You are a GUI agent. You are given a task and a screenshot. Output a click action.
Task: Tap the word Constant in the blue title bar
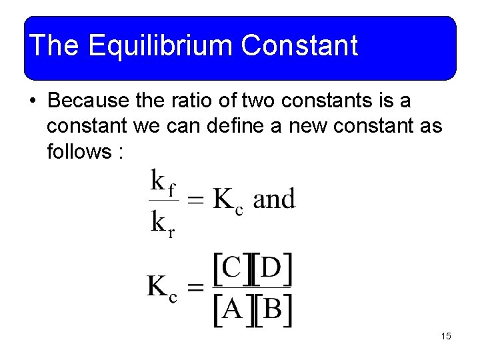[x=300, y=46]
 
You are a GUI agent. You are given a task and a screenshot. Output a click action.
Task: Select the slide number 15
[x=446, y=336]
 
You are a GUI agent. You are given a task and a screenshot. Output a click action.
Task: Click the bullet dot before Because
[x=31, y=101]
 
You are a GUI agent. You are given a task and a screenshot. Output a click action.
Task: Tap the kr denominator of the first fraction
[x=163, y=222]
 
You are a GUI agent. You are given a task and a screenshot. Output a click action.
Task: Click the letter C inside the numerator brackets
[x=231, y=269]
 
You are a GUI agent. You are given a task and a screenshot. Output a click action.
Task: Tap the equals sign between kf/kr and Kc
[x=195, y=199]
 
